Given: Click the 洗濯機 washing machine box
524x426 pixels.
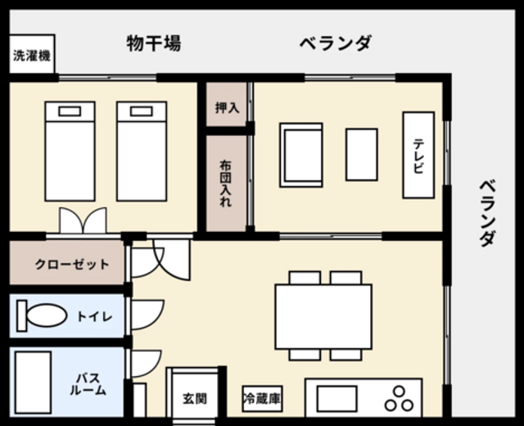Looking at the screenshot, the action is pos(32,54).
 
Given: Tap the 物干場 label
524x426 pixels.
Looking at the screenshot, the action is pos(154,43).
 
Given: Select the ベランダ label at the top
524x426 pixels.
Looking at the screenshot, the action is pos(335,43).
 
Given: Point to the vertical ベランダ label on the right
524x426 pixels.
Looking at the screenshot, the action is pos(488,213).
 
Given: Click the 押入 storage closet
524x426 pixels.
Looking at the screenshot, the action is pos(226,105).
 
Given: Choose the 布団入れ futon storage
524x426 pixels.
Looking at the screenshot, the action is pos(226,184).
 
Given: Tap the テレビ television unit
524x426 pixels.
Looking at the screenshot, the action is pos(418,155).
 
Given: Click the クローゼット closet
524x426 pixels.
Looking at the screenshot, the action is pos(67,263).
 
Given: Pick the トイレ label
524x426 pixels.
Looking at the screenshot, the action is pos(95,316).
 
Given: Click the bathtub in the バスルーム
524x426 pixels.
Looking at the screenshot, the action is pos(33,383).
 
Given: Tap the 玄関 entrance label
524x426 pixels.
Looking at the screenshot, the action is pos(195,399).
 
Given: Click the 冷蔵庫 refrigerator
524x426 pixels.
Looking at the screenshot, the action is pos(262,399).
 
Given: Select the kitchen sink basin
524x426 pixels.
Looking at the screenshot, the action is pos(337,399).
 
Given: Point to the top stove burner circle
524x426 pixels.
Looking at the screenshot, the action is pos(399,392).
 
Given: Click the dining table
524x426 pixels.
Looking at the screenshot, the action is pos(323,317).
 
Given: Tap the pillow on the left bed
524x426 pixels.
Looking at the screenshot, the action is pos(70,111).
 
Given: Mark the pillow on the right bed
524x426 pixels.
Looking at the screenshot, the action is pos(142,111).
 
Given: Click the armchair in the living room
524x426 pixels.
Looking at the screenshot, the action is pos(301,155).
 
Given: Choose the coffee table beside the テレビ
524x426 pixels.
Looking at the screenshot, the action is pos(362,155).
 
